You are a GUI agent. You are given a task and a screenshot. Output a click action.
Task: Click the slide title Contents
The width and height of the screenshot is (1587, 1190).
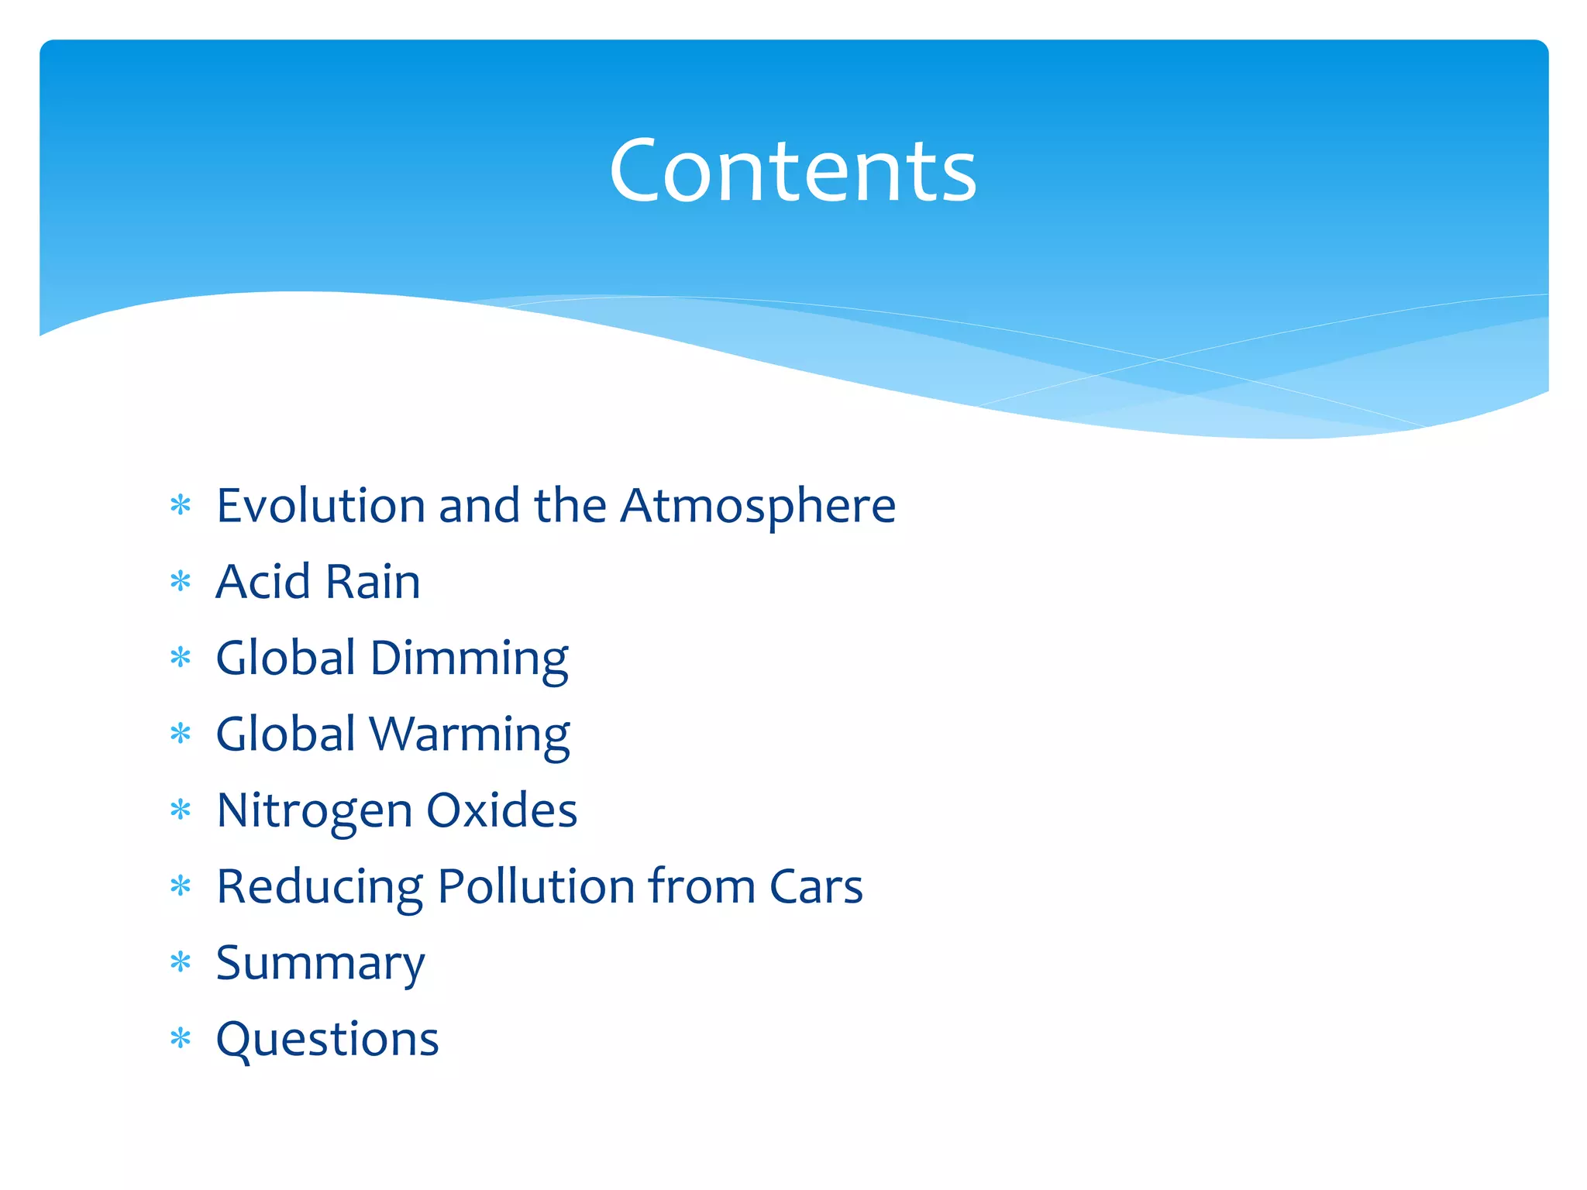793,170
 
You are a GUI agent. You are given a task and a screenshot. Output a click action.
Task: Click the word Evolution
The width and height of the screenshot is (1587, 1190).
320,506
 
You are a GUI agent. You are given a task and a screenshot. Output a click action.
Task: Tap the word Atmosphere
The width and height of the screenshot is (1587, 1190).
758,506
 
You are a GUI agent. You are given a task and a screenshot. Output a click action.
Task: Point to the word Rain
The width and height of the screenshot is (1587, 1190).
373,582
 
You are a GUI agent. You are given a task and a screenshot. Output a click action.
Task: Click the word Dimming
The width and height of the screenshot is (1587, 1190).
469,659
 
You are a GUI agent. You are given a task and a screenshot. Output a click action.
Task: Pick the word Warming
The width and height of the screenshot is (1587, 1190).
470,735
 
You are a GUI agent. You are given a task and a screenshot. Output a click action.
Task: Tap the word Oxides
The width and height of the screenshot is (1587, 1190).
502,810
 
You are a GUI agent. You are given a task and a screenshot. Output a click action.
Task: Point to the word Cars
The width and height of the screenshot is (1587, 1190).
815,886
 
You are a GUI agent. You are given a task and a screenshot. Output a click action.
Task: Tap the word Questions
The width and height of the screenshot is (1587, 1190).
327,1040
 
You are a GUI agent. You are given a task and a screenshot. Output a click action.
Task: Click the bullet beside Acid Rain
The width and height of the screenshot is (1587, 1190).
181,582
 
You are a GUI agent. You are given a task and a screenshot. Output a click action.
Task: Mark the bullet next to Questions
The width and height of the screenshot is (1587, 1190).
181,1039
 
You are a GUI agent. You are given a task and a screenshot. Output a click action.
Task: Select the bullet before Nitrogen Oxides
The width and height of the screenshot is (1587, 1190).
181,810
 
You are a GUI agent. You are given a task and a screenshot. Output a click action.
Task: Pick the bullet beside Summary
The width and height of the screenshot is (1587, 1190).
181,963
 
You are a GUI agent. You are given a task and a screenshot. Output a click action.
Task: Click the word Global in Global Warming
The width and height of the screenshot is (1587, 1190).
285,734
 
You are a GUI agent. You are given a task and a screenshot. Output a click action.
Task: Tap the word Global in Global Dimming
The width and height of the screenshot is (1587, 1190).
285,658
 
